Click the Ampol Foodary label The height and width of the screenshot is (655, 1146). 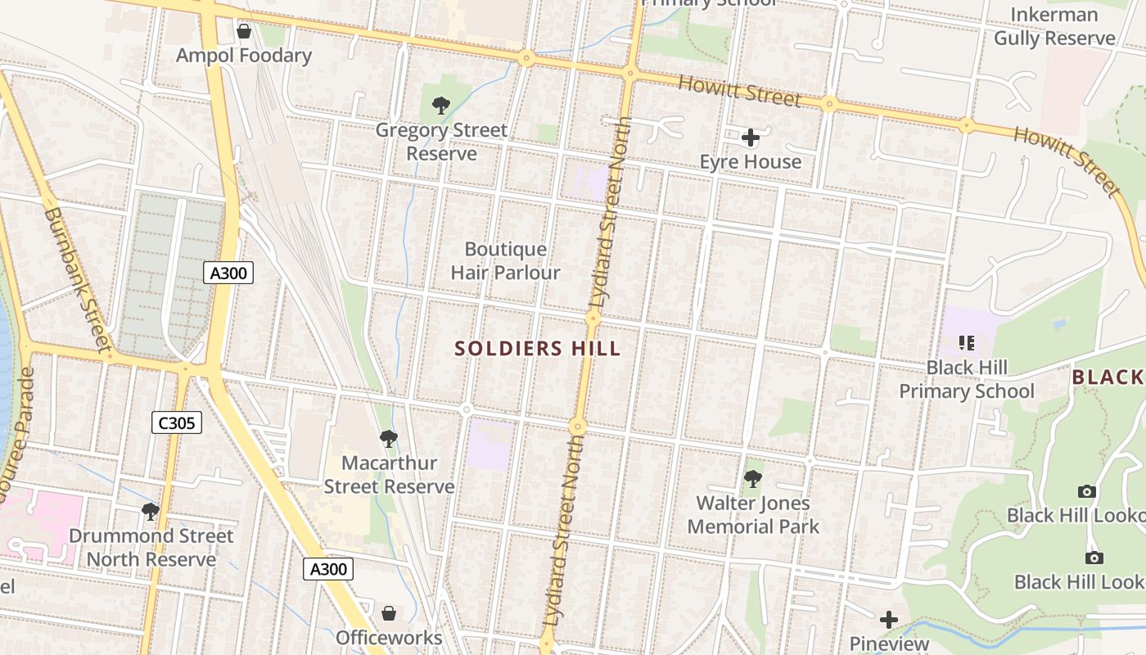pyautogui.click(x=244, y=56)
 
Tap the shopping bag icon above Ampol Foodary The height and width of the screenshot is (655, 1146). pyautogui.click(x=243, y=31)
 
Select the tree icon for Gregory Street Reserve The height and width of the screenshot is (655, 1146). pyautogui.click(x=440, y=105)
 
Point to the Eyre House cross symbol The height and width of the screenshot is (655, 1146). pyautogui.click(x=750, y=138)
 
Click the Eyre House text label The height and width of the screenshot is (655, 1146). pyautogui.click(x=750, y=162)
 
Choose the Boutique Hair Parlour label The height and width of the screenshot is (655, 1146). pyautogui.click(x=505, y=261)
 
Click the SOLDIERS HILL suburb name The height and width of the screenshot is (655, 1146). pyautogui.click(x=538, y=349)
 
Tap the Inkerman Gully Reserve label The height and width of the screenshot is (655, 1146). pyautogui.click(x=1054, y=26)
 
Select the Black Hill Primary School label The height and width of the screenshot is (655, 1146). pyautogui.click(x=967, y=379)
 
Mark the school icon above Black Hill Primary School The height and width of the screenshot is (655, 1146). pyautogui.click(x=966, y=342)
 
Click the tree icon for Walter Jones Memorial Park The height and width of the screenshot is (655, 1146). pyautogui.click(x=752, y=479)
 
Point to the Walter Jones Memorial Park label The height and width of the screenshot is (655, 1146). pyautogui.click(x=753, y=515)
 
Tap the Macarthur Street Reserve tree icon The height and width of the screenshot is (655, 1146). pyautogui.click(x=389, y=439)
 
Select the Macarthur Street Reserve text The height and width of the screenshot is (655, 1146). pyautogui.click(x=389, y=475)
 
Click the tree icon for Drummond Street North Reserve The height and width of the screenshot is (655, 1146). pyautogui.click(x=151, y=512)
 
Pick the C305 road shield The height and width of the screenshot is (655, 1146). pyautogui.click(x=176, y=422)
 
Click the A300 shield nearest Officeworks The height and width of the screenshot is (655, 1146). pyautogui.click(x=328, y=569)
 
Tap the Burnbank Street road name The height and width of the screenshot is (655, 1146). pyautogui.click(x=76, y=278)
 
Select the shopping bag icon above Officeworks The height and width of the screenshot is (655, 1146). pyautogui.click(x=389, y=613)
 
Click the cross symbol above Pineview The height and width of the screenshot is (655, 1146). pyautogui.click(x=888, y=620)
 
